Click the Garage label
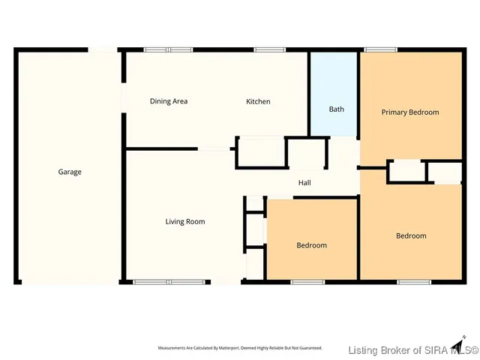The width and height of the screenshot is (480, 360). point(70,172)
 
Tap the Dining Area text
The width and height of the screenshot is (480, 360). point(168,101)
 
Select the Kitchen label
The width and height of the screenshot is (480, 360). point(259,101)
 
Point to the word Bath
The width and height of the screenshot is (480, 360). point(337,109)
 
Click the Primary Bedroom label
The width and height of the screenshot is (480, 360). point(409,112)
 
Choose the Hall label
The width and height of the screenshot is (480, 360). point(304,182)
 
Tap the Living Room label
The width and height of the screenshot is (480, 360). point(185,221)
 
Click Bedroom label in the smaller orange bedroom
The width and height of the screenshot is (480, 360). point(311,245)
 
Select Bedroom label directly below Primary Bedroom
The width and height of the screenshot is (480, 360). point(411,235)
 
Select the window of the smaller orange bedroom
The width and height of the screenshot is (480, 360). point(307,282)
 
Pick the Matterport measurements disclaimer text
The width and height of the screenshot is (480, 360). point(239,348)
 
